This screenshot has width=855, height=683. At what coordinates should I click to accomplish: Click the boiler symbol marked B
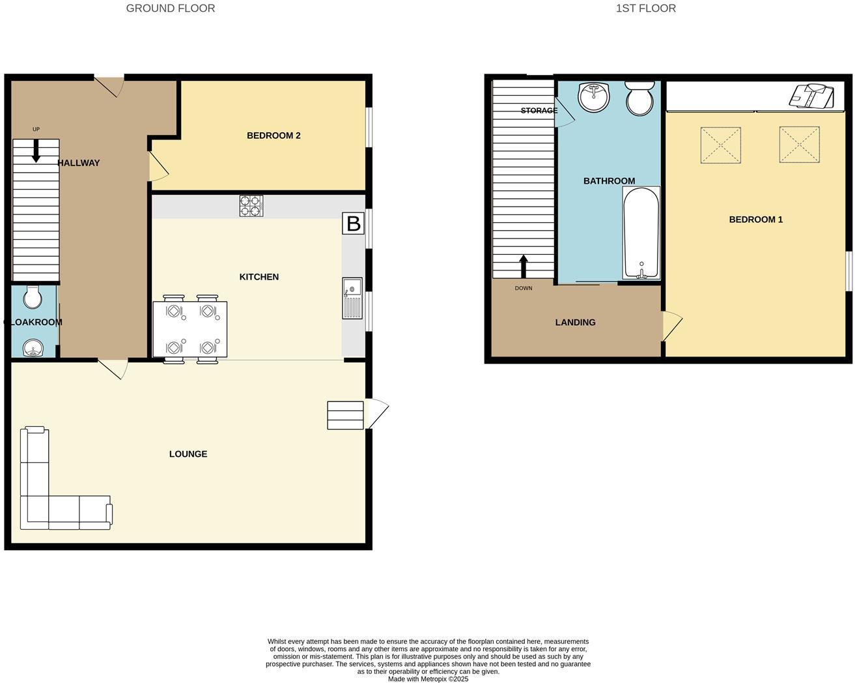click(353, 224)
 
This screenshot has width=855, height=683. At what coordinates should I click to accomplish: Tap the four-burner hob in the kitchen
click(251, 206)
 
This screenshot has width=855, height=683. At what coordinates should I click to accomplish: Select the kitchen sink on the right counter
click(352, 298)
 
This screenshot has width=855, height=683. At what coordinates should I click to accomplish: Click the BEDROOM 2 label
click(273, 136)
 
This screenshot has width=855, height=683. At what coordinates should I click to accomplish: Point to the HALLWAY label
click(79, 163)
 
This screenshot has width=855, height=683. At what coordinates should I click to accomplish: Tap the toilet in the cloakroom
click(32, 297)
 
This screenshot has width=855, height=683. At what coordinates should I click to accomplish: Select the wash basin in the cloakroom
click(32, 349)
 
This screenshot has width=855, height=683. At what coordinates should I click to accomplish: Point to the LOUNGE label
click(188, 454)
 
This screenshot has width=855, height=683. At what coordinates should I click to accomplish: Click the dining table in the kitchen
click(190, 329)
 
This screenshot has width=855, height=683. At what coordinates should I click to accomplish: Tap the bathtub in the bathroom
click(641, 233)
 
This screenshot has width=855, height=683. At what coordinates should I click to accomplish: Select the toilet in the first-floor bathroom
click(639, 98)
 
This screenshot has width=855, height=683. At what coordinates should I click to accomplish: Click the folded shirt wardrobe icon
click(811, 96)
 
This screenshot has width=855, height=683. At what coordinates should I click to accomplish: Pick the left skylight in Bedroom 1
click(720, 145)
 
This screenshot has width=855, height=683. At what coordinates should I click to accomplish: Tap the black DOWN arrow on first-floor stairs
click(523, 266)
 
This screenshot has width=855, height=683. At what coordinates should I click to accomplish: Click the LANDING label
click(575, 322)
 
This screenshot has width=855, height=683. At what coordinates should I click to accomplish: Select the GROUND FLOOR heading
click(171, 8)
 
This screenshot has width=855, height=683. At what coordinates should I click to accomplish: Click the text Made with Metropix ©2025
click(428, 678)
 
